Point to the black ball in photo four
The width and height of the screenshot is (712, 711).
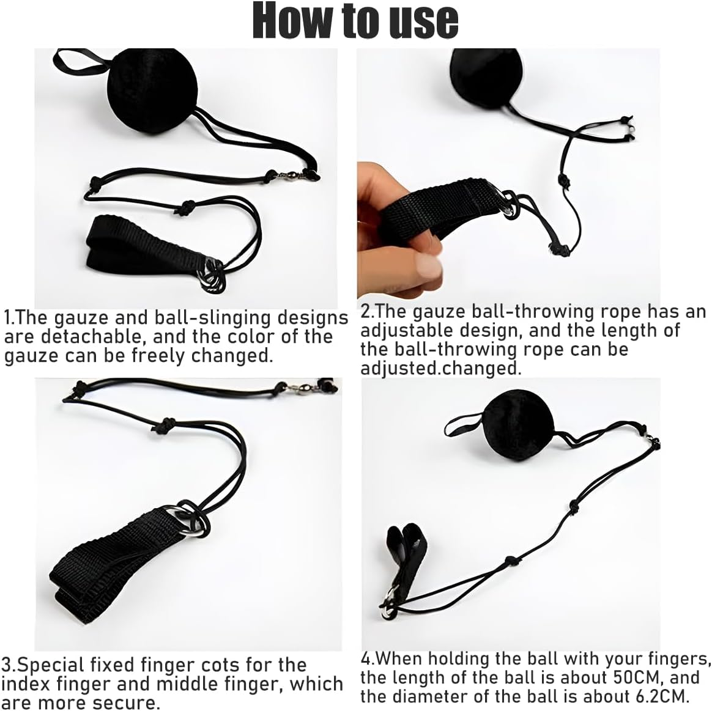519,425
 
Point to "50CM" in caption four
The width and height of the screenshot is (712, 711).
636,677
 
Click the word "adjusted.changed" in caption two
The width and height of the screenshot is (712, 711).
440,368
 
